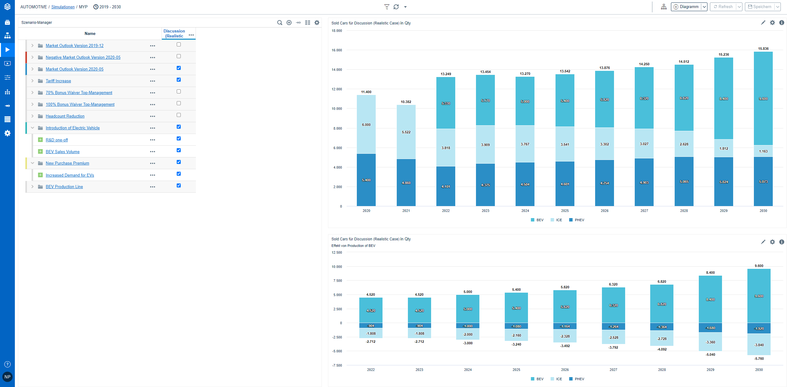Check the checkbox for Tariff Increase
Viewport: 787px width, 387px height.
[x=179, y=80]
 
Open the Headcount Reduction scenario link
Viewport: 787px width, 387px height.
[x=65, y=116]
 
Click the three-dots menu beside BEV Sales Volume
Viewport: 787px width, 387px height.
[x=153, y=152]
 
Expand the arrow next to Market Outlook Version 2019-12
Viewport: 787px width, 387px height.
[x=32, y=45]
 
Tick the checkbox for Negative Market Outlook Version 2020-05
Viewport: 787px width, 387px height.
[x=179, y=56]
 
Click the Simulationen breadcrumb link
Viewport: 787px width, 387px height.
[x=63, y=7]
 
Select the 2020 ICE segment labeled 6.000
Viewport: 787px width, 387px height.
[x=366, y=125]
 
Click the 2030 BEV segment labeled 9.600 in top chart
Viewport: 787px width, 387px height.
[x=763, y=99]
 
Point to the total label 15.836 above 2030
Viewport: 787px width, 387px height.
[x=763, y=49]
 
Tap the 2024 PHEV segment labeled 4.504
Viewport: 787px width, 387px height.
[x=525, y=184]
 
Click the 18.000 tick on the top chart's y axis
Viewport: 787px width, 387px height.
[x=337, y=31]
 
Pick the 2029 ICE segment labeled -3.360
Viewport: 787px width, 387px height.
[x=710, y=342]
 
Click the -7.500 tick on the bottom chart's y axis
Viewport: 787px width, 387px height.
[x=337, y=365]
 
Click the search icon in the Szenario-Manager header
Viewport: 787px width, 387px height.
[x=279, y=23]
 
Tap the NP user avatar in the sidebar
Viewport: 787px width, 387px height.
[x=7, y=377]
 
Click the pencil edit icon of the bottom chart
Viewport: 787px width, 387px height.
[x=763, y=242]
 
